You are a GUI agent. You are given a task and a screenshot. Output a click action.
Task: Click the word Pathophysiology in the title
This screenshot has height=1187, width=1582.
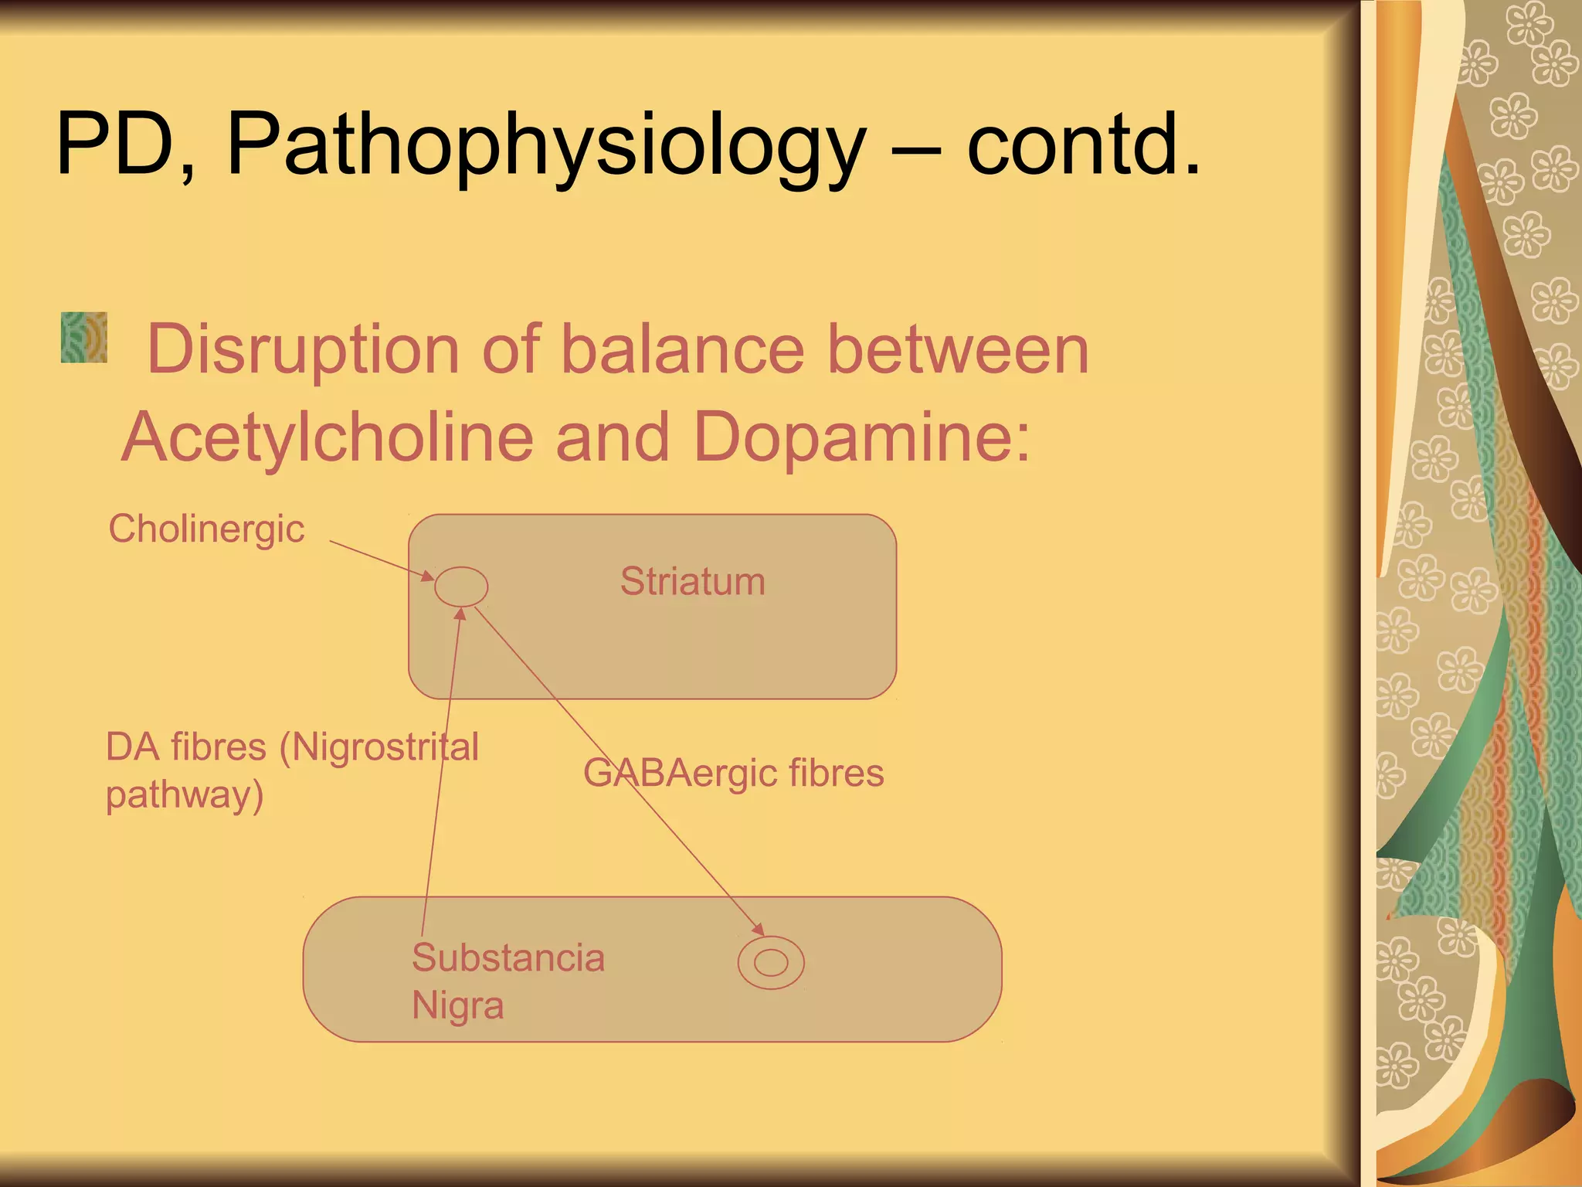545,145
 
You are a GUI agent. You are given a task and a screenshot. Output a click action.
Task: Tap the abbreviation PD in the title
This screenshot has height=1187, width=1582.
116,145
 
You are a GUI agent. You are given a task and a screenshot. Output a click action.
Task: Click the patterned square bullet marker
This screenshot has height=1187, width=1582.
84,338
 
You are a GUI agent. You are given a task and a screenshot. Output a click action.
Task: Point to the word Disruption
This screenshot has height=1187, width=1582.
303,351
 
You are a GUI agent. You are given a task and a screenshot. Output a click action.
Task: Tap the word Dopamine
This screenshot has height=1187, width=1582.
861,437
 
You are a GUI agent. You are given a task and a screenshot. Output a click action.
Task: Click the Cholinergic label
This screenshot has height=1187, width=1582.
206,530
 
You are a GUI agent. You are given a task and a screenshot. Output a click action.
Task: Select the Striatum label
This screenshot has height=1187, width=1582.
692,581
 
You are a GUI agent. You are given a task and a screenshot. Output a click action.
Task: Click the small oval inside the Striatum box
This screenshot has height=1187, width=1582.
461,587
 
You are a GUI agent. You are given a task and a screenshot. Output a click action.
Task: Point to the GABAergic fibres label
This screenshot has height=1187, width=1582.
733,773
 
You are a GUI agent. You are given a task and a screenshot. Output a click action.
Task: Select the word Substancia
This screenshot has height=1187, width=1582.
508,958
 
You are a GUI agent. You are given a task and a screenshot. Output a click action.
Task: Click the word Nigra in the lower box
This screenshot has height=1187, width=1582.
457,1006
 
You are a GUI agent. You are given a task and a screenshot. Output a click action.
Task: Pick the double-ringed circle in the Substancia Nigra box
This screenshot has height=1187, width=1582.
771,963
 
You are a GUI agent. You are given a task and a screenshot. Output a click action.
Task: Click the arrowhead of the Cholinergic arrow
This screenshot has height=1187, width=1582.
427,576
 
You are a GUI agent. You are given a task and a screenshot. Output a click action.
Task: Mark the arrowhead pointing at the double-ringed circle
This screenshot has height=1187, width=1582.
758,930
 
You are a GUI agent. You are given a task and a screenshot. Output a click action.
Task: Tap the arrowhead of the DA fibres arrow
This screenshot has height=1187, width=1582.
460,614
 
